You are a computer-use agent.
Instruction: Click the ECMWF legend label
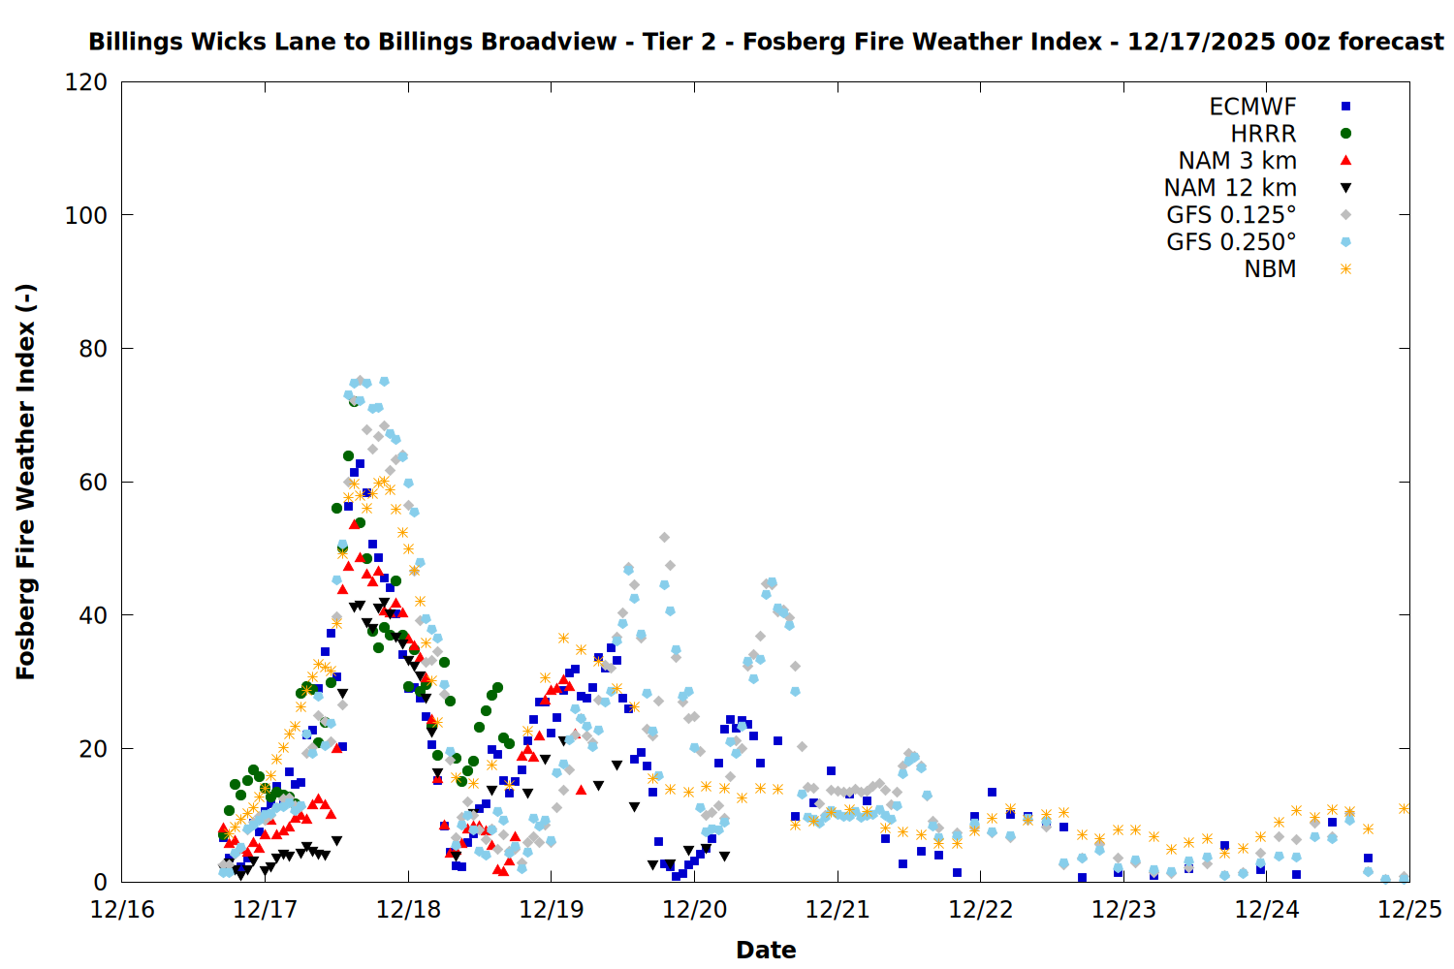click(x=1252, y=107)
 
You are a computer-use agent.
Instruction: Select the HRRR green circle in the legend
click(x=1345, y=134)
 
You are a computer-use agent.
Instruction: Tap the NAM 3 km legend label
click(x=1237, y=161)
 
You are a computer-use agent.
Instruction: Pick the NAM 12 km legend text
click(x=1230, y=188)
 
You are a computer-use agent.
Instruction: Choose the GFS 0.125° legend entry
click(x=1231, y=215)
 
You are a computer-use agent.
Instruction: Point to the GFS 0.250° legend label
click(x=1231, y=242)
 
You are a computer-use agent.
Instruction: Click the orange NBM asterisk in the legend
click(x=1345, y=269)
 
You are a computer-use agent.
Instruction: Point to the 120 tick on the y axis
click(x=86, y=82)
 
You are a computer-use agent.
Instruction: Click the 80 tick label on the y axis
click(x=93, y=349)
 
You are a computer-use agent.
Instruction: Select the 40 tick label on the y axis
click(x=93, y=615)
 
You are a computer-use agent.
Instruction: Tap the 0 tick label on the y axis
click(x=101, y=883)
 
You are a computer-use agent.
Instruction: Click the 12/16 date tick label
click(x=122, y=910)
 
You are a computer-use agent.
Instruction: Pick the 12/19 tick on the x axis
click(x=552, y=910)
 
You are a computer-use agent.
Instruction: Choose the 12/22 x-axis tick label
click(x=981, y=910)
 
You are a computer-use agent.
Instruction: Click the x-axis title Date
click(x=766, y=951)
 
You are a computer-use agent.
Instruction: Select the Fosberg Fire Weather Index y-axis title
click(x=26, y=482)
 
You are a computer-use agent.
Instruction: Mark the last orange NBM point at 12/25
click(x=1405, y=808)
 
